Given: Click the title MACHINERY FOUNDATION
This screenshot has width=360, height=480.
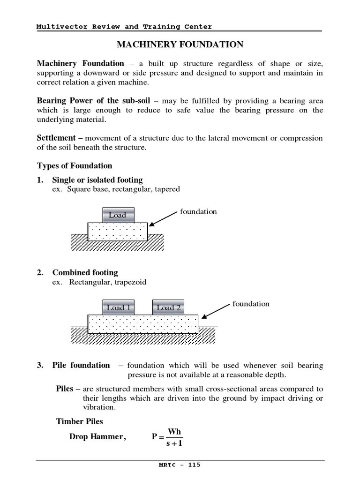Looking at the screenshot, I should point(180,45).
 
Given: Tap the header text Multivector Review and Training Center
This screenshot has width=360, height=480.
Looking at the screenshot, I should point(124,27).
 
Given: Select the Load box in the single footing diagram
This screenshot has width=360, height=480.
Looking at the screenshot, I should point(118,215).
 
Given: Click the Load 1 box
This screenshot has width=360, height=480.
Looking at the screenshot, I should point(118,307).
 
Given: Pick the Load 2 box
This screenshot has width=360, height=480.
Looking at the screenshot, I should point(168,307).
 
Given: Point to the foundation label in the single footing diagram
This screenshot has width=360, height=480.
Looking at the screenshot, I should point(198,211).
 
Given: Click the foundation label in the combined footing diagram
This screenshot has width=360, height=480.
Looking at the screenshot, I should point(251,304).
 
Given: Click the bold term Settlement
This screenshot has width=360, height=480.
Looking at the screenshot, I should point(56,138).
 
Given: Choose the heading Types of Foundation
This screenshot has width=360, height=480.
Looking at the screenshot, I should point(75,165).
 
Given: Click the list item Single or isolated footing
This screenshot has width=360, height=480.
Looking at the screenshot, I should point(97,180).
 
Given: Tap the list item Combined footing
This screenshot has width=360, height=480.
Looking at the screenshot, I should point(85,272).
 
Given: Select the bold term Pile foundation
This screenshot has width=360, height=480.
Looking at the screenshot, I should point(81,365).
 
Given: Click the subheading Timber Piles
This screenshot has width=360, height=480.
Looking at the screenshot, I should point(80,421).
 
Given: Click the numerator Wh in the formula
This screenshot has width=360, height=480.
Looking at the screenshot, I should point(174,431).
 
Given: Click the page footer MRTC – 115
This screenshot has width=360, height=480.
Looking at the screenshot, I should point(180,465).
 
